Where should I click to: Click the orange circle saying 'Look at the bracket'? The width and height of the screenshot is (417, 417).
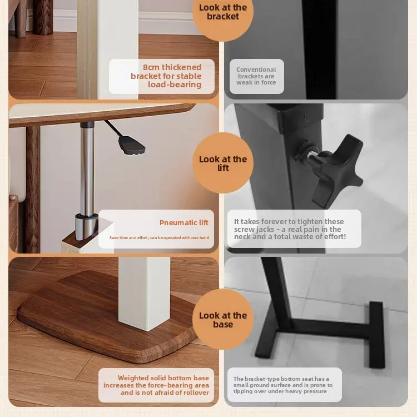(x=223, y=13)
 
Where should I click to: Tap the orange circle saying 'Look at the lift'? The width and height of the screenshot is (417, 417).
(x=223, y=163)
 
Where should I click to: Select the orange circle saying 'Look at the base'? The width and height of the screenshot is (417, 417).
(x=223, y=319)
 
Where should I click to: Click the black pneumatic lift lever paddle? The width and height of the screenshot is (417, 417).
(x=132, y=145)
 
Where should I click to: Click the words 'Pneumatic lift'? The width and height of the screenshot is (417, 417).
(x=184, y=222)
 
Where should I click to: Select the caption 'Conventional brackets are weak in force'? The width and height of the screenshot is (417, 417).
(x=256, y=76)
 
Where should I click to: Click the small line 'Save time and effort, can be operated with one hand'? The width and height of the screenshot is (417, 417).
(x=159, y=237)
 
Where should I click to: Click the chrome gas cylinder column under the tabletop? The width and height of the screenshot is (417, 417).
(x=87, y=168)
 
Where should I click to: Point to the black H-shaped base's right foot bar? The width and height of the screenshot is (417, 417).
(x=376, y=335)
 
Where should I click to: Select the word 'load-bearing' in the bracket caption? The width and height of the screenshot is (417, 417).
(x=175, y=85)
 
